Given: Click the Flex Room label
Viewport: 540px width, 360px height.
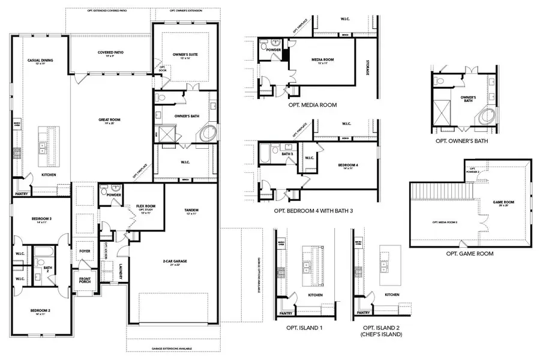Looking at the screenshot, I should [146, 206].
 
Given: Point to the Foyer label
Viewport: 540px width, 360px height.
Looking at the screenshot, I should [85, 244].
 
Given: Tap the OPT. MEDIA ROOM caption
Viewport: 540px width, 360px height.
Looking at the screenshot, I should [313, 105].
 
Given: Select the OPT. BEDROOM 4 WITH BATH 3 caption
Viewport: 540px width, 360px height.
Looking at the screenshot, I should [314, 211].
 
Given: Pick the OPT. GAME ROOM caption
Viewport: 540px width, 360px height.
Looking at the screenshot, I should [470, 254].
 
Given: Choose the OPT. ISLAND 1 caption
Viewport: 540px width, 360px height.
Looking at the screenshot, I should [305, 328].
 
